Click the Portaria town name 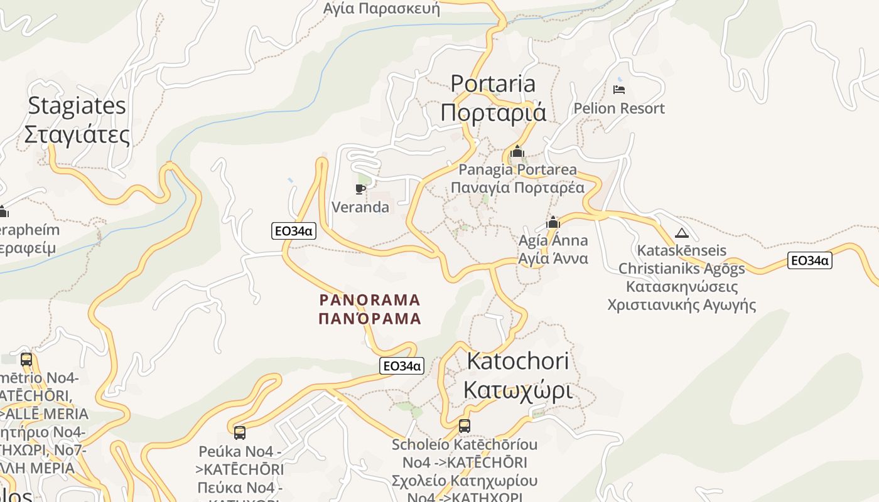[x=493, y=84]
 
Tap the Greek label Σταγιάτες [x=77, y=135]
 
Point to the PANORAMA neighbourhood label [x=370, y=300]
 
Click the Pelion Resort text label [x=618, y=109]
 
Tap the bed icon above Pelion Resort [x=619, y=90]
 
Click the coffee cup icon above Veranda [x=360, y=189]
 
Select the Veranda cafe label [x=360, y=207]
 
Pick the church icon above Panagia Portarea [x=517, y=151]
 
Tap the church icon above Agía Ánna [x=553, y=222]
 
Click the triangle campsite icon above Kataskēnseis [x=681, y=233]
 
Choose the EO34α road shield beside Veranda [x=294, y=231]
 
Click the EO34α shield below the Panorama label [x=402, y=366]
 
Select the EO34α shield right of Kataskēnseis [x=810, y=260]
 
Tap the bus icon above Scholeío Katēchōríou [x=465, y=426]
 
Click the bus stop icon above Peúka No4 [x=240, y=432]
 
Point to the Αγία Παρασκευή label [x=381, y=9]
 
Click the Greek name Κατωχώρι [x=518, y=390]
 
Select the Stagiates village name [x=77, y=106]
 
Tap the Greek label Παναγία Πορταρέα [x=517, y=188]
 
